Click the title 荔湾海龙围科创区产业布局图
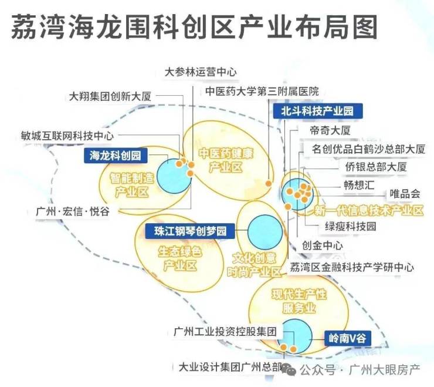tap(194, 26)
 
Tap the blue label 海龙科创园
tap(116, 156)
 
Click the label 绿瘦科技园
tap(350, 226)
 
